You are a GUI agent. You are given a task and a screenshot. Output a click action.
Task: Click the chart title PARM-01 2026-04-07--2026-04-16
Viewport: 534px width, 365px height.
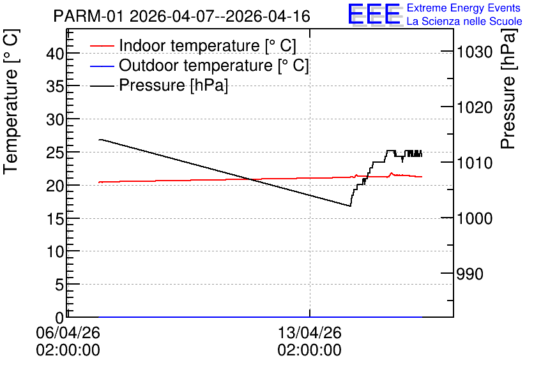click(181, 16)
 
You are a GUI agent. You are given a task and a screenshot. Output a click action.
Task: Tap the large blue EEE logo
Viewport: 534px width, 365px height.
click(374, 14)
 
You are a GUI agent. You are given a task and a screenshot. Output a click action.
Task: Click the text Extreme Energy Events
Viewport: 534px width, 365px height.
click(464, 8)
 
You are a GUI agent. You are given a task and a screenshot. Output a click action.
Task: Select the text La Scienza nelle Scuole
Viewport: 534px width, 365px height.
click(464, 21)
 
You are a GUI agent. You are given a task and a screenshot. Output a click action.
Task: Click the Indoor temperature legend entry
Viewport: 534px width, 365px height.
click(194, 45)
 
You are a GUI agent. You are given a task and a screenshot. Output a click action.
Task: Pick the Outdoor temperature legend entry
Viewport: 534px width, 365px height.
click(199, 65)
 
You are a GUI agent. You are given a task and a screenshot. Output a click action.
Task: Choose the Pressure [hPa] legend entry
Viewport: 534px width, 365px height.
click(159, 85)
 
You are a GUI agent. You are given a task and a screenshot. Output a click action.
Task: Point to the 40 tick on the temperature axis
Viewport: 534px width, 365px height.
click(55, 53)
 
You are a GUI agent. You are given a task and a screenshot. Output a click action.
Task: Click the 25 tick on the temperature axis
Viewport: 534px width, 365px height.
click(55, 153)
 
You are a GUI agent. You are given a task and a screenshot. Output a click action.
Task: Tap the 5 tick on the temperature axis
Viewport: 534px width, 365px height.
click(60, 285)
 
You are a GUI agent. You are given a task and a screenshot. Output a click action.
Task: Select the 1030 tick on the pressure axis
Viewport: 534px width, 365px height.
click(475, 52)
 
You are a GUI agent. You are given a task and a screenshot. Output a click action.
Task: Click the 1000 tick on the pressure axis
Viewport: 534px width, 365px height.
click(475, 218)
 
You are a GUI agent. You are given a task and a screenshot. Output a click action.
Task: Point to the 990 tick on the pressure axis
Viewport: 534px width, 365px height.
click(469, 274)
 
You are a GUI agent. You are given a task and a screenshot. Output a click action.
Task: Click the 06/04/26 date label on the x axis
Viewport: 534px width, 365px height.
click(68, 332)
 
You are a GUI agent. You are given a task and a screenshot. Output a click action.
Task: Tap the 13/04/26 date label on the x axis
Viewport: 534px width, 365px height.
click(310, 332)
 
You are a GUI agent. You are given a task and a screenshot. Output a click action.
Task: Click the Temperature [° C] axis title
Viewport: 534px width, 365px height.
click(11, 101)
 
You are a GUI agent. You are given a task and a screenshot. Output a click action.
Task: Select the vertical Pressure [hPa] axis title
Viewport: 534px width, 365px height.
click(508, 89)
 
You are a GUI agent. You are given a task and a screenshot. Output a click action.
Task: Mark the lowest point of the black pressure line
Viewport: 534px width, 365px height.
click(350, 206)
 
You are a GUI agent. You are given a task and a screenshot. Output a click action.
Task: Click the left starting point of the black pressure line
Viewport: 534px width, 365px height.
click(99, 140)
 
